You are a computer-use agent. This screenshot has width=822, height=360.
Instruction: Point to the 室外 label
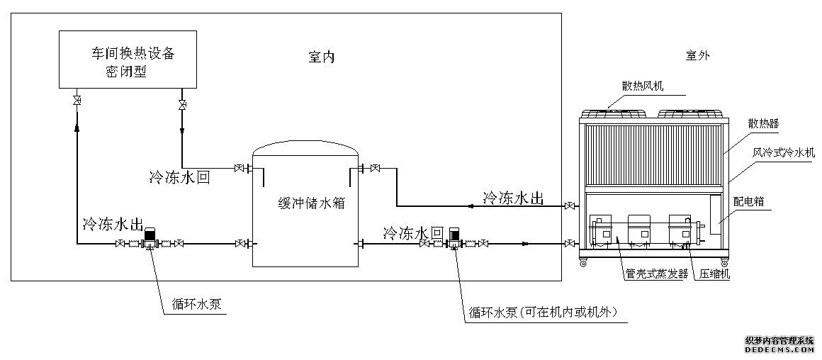(697, 54)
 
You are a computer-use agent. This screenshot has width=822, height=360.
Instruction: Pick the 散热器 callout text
(762, 123)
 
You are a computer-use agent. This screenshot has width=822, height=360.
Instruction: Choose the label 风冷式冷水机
(784, 152)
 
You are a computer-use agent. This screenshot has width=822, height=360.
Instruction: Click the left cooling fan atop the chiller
(614, 113)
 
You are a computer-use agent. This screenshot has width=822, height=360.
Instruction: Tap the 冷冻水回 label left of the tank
(179, 177)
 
